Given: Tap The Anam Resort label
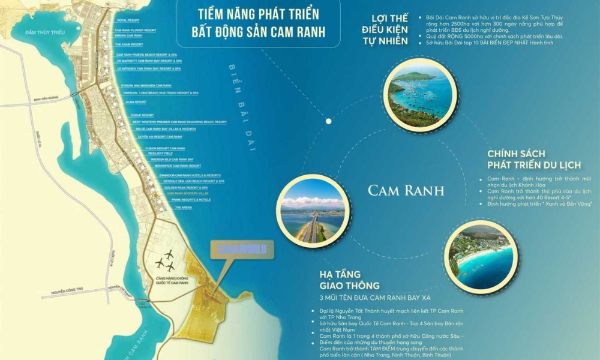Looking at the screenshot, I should [x=125, y=44].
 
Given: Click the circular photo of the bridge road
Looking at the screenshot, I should [x=313, y=210].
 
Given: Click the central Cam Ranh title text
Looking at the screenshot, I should [x=406, y=191].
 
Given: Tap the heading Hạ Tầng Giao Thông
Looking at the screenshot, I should [x=349, y=280].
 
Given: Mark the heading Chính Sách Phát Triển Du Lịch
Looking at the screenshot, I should [x=540, y=159].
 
